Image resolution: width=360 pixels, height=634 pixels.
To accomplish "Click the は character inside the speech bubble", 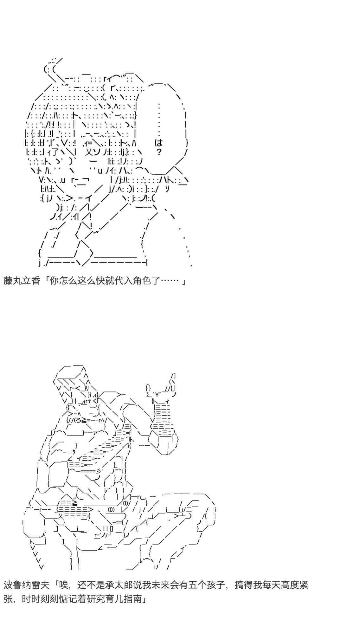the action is point(159,142).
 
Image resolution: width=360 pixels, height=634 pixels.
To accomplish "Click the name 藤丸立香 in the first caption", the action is point(22,281).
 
